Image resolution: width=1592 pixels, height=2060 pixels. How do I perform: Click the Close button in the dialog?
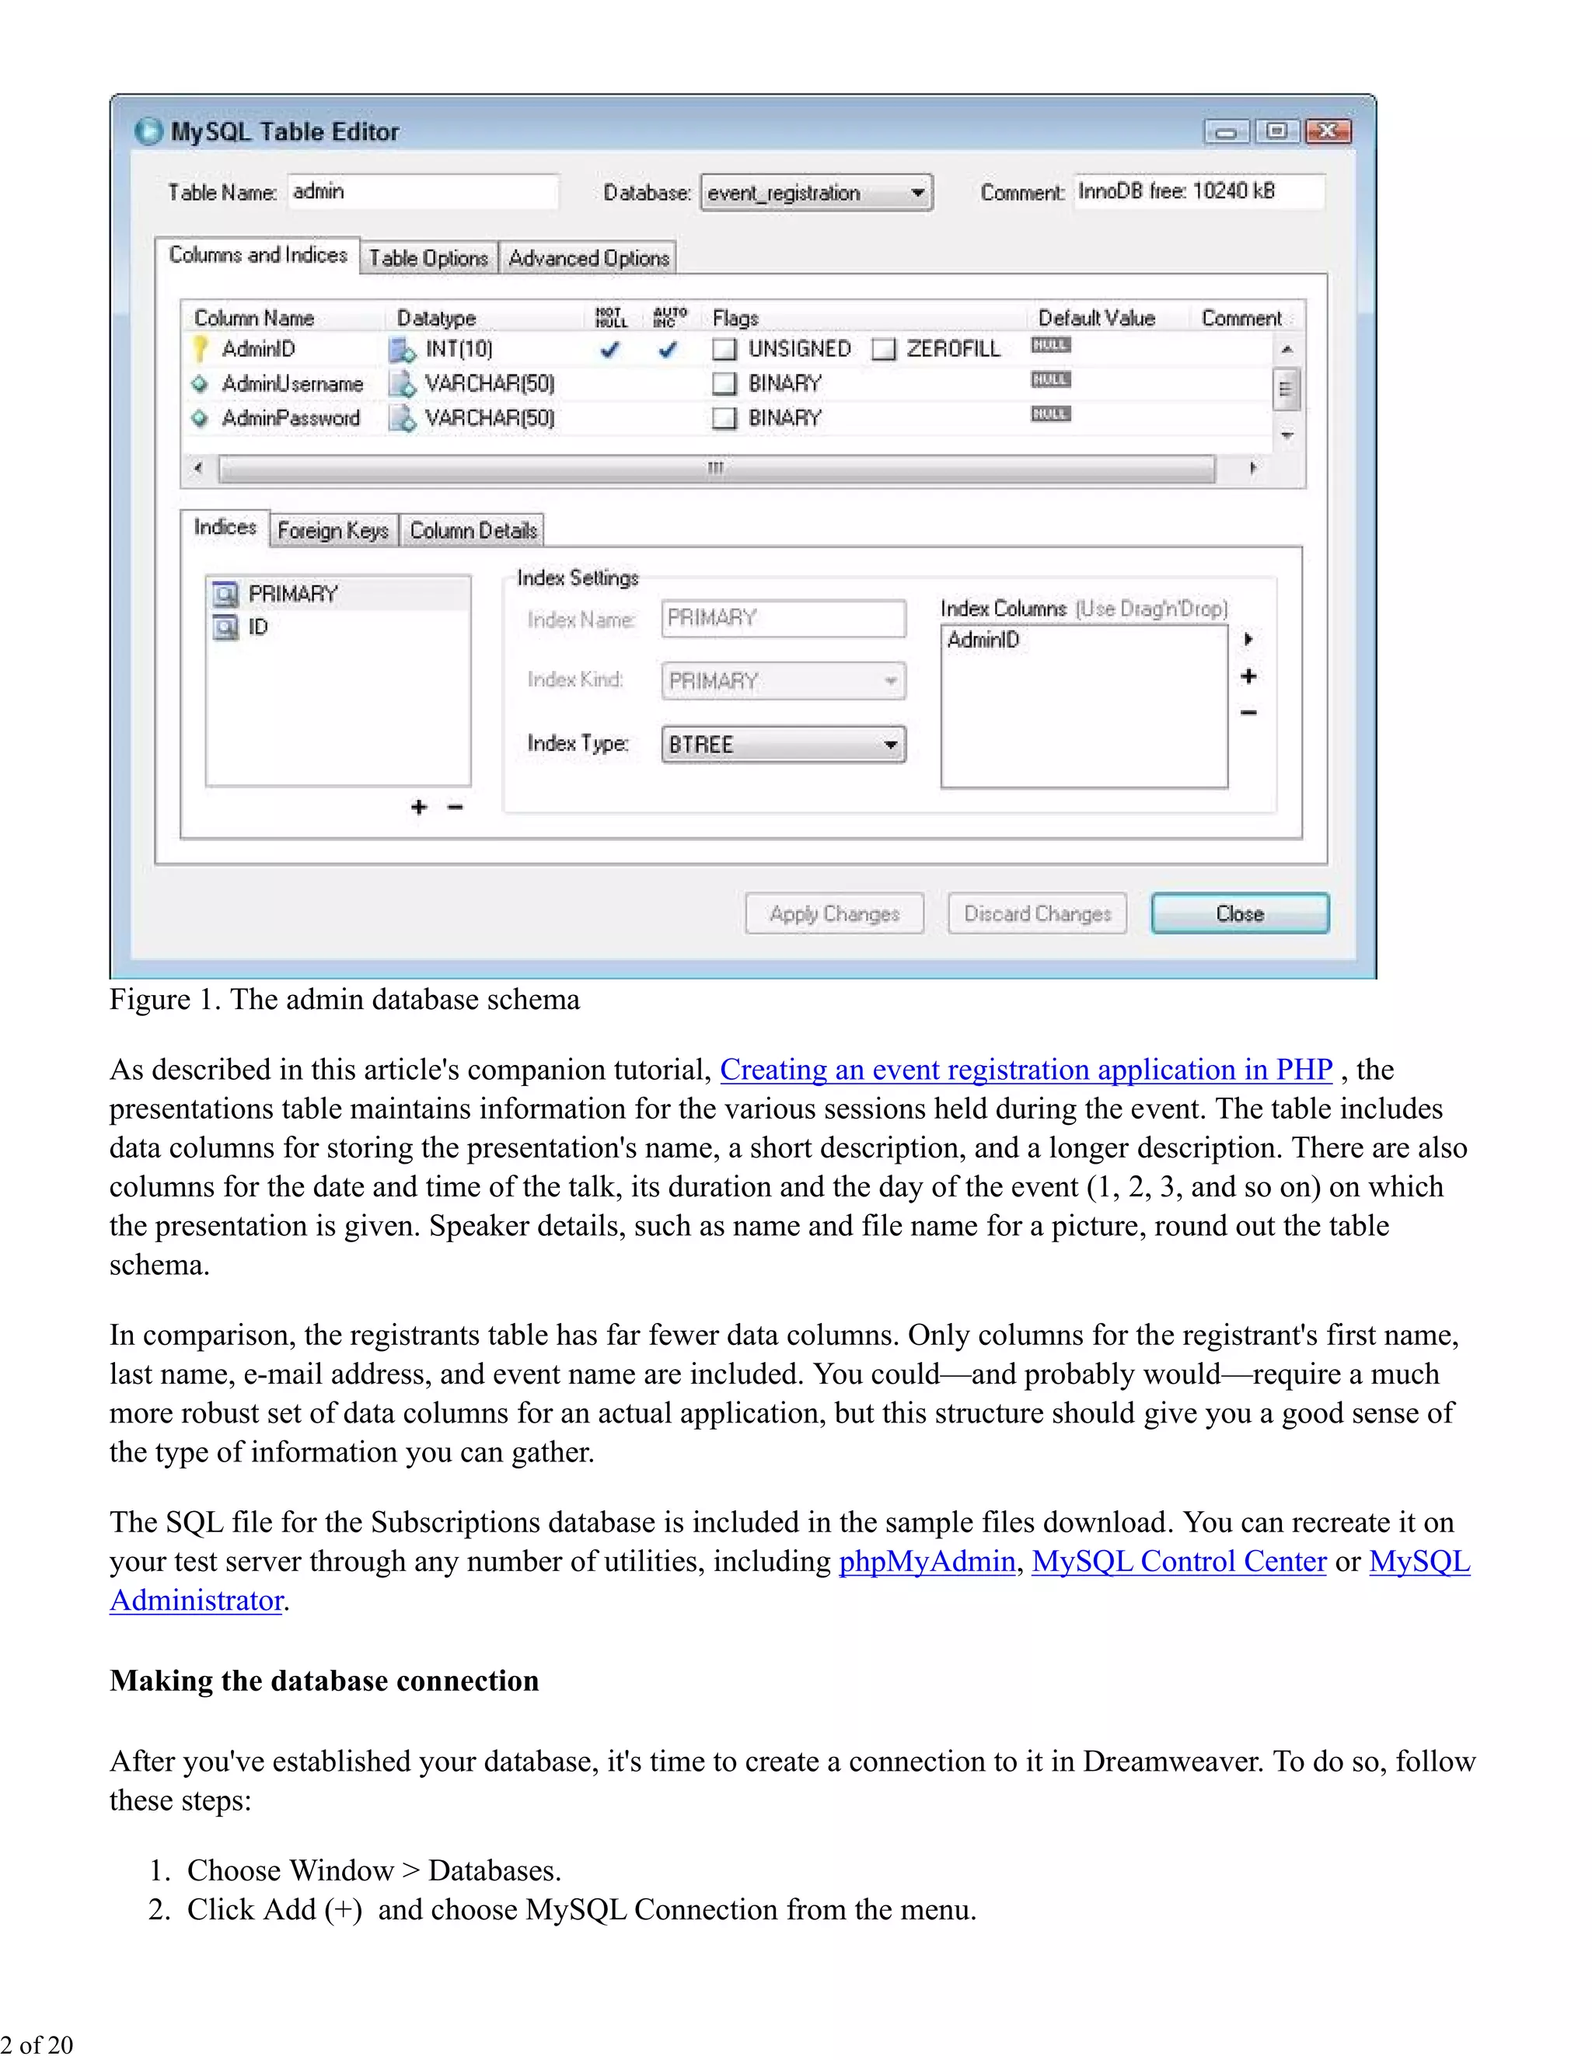pos(1239,913)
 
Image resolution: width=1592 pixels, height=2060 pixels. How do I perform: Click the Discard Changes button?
pos(1036,913)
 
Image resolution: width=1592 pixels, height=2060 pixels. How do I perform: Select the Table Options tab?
pos(428,258)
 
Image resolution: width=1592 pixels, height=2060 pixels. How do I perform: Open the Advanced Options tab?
pos(588,258)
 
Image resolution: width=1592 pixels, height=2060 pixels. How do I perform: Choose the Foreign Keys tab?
pos(333,531)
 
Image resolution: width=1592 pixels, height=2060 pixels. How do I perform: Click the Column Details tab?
pos(473,531)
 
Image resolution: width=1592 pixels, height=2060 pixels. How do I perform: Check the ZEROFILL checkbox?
pos(884,350)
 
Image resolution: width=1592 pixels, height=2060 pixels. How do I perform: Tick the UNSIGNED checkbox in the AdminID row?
pos(724,350)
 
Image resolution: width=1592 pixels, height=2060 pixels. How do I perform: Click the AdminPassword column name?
pos(291,418)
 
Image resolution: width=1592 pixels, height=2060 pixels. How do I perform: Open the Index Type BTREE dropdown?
pos(783,744)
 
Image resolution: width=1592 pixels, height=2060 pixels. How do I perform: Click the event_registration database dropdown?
pos(815,194)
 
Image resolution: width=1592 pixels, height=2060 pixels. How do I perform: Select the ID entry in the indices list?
pos(257,627)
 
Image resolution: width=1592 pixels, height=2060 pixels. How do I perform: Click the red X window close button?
pos(1328,131)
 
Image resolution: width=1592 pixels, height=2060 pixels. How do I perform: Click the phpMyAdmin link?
pos(926,1562)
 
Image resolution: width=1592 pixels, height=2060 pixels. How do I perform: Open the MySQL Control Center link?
pos(1179,1562)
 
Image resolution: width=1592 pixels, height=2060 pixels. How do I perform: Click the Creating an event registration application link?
pos(1025,1070)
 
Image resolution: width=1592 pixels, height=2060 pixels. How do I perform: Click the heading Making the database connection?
pos(324,1681)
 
